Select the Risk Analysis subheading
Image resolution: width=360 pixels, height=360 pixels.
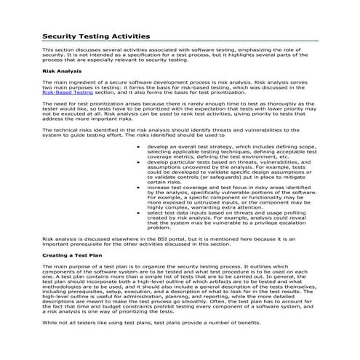[62, 72]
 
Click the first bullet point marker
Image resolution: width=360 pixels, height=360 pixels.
[139, 145]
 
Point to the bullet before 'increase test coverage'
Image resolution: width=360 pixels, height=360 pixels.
[139, 187]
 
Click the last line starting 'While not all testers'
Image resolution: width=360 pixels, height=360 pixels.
[131, 341]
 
